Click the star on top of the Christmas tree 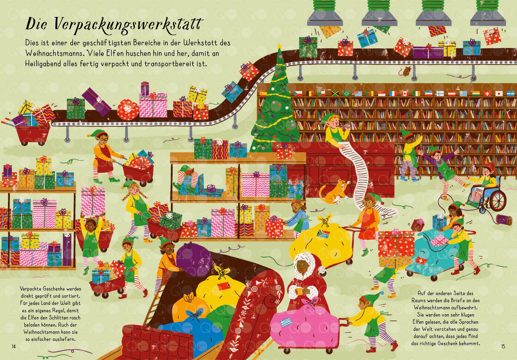coord(279,47)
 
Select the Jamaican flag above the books coord(335,94)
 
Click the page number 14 coord(14,346)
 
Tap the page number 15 coord(503,346)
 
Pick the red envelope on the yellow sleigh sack coord(223,286)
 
